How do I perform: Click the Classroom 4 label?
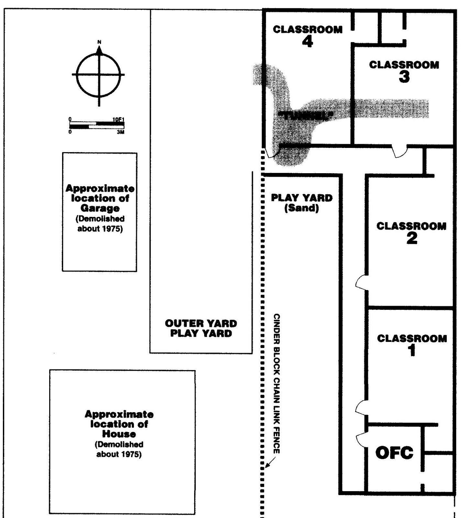click(307, 36)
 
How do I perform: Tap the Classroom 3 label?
click(404, 71)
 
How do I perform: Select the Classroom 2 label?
click(411, 232)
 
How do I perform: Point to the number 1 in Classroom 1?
click(412, 351)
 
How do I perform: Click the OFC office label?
click(394, 453)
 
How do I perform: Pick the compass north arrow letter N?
click(99, 42)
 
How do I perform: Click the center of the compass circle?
click(99, 75)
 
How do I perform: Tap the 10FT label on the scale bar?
click(118, 119)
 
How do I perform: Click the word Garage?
click(100, 208)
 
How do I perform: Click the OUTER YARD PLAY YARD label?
click(201, 328)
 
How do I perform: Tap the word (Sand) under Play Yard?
click(302, 208)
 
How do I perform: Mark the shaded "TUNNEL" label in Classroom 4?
click(305, 116)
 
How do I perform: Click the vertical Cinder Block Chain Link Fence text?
click(277, 384)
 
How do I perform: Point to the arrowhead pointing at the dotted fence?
click(267, 467)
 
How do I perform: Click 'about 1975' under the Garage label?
click(100, 229)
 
